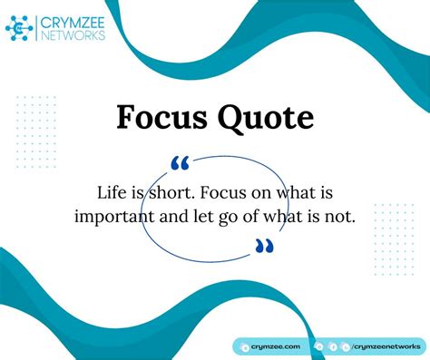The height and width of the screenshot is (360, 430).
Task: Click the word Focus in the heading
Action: pyautogui.click(x=161, y=118)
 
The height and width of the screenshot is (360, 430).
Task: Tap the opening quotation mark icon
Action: pyautogui.click(x=180, y=163)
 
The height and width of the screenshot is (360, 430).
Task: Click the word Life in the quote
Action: pyautogui.click(x=112, y=192)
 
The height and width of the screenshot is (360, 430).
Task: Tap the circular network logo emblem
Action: pyautogui.click(x=20, y=29)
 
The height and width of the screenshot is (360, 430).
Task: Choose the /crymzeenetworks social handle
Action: pyautogui.click(x=386, y=345)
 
